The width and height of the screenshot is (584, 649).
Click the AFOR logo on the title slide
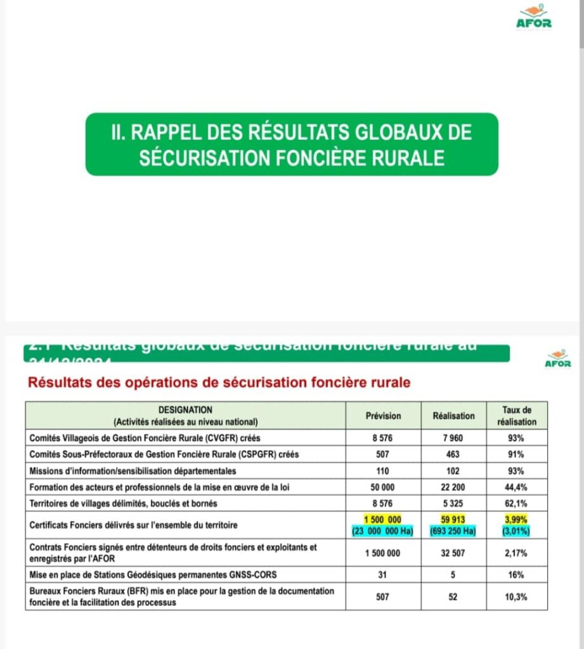534,18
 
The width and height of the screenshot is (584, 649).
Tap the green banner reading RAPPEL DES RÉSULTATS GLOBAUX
292,144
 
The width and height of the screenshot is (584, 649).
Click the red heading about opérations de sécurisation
217,383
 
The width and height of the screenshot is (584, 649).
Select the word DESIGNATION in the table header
185,411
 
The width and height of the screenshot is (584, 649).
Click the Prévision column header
383,416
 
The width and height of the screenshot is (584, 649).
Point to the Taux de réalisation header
516,416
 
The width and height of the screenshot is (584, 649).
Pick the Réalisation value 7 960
453,438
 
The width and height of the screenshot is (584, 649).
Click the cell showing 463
453,454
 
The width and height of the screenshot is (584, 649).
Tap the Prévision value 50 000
383,487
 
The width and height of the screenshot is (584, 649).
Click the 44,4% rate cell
516,487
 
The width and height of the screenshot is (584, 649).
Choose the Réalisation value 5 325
453,503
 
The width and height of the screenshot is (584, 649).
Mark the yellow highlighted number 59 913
453,520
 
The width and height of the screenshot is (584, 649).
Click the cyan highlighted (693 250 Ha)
453,531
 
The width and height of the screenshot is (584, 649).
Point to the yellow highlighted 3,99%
516,520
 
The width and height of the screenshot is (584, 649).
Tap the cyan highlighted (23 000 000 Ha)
383,531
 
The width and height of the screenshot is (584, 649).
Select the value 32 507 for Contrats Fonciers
453,553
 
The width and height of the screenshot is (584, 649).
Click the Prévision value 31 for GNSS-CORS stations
383,575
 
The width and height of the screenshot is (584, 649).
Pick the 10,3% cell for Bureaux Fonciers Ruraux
516,597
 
